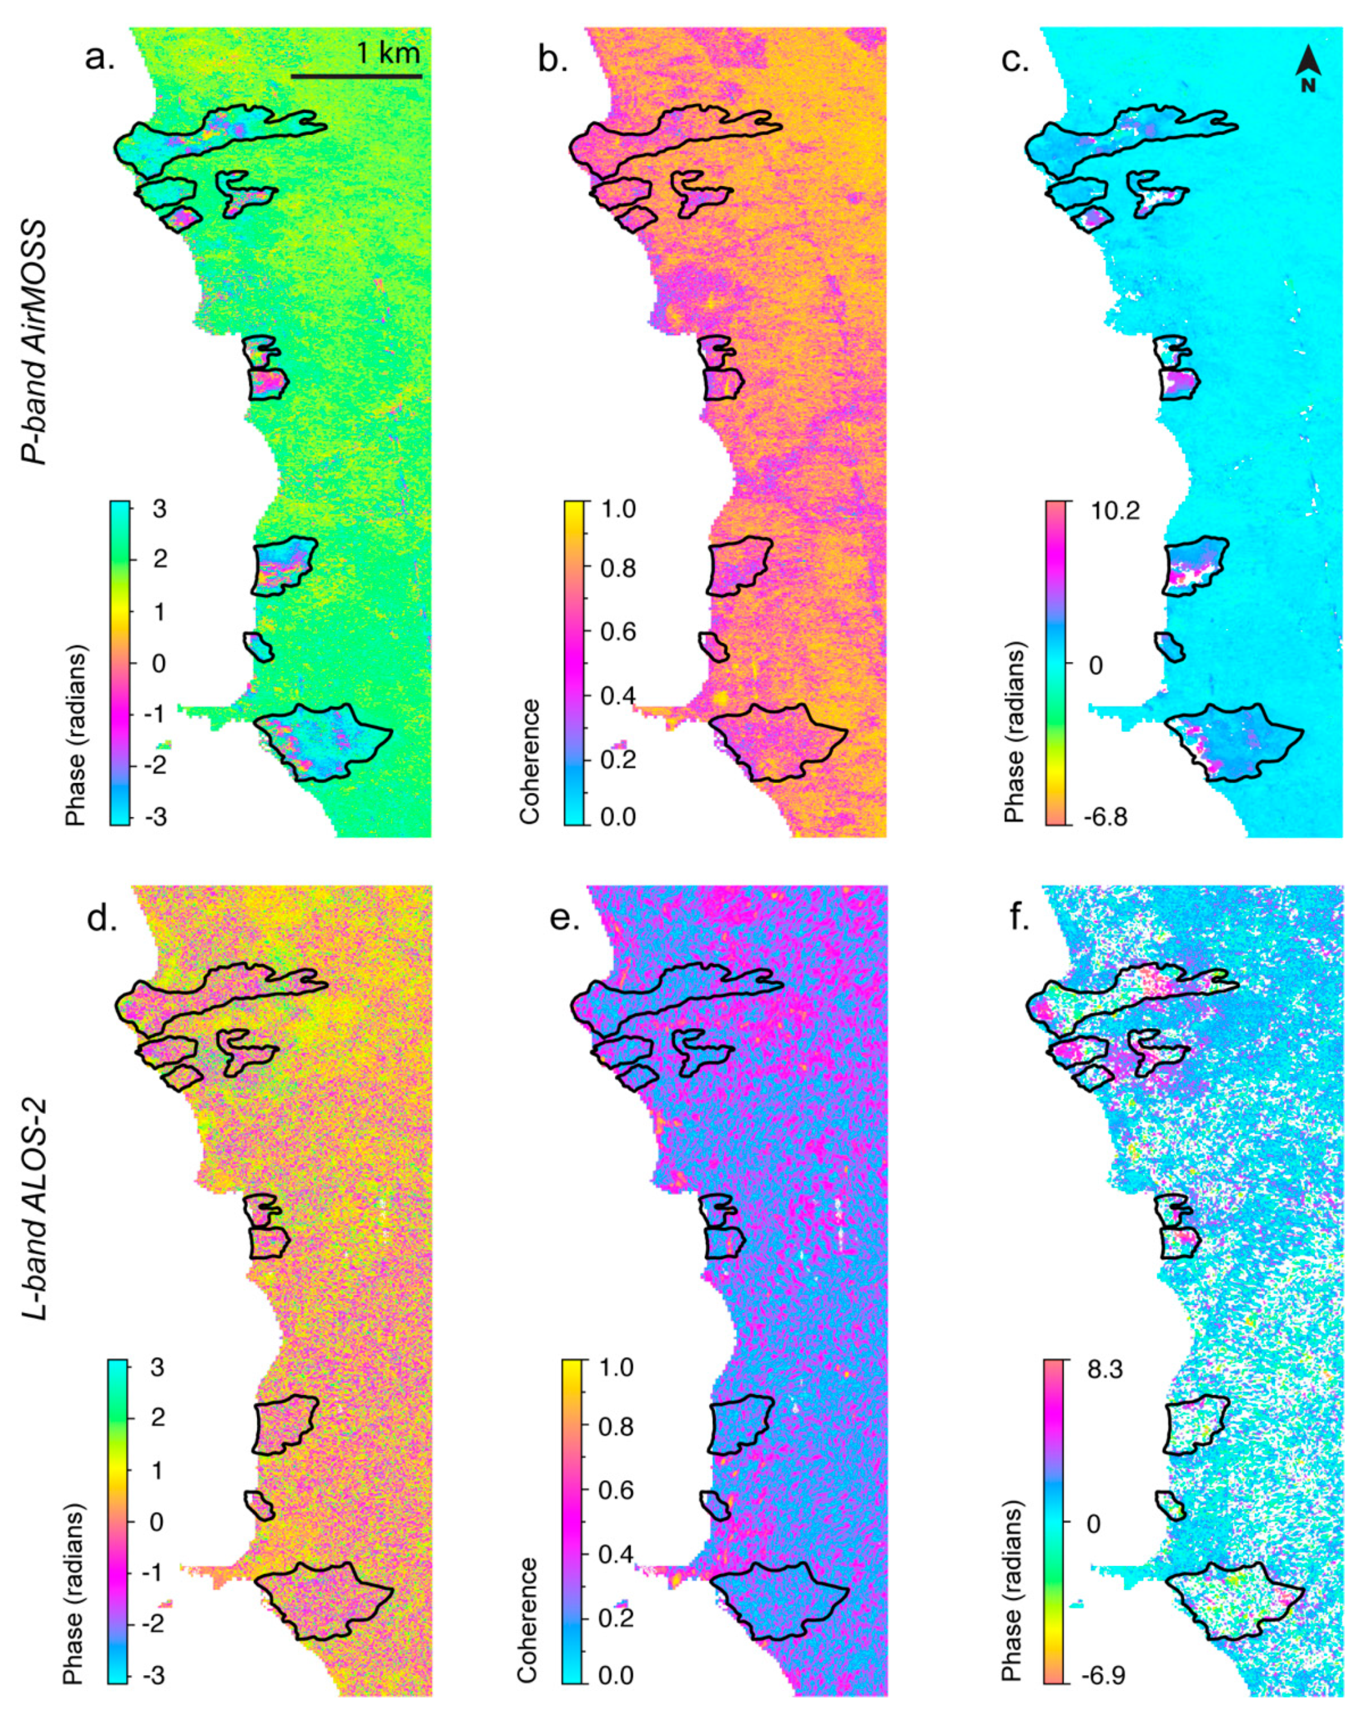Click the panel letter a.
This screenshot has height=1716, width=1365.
pyautogui.click(x=99, y=58)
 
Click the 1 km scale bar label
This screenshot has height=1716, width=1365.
pyautogui.click(x=387, y=54)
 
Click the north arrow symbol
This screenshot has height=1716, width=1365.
pyautogui.click(x=1307, y=68)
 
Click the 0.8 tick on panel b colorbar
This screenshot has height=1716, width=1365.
pyautogui.click(x=619, y=568)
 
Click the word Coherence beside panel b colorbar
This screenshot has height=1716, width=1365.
pyautogui.click(x=529, y=761)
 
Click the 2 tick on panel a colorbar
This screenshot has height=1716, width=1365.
pyautogui.click(x=160, y=559)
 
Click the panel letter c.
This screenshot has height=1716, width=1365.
pyautogui.click(x=1015, y=58)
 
